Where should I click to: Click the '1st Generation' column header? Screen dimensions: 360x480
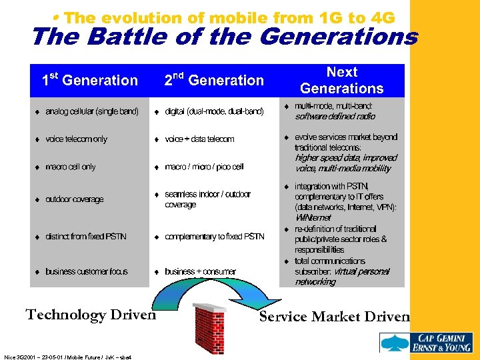coord(89,81)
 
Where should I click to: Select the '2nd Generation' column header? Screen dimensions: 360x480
coord(214,81)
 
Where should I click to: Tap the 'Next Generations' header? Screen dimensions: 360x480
coord(341,80)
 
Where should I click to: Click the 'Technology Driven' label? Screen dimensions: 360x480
coord(90,315)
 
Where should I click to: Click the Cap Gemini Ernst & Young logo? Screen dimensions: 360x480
coord(426,342)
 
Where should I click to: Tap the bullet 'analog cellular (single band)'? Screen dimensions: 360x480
coord(91,111)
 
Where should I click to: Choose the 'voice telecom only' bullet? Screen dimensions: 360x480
coord(76,139)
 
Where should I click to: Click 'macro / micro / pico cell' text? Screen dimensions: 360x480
coord(204,167)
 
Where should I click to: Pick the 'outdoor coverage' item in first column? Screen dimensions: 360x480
coord(74,199)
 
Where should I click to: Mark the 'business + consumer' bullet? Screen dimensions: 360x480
coord(200,271)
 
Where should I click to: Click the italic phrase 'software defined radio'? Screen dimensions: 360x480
coord(335,117)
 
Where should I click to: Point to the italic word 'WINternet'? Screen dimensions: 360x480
coord(313,218)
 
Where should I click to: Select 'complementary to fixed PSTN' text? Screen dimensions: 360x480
coord(214,237)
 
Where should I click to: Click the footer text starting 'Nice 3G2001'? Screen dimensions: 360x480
coord(67,357)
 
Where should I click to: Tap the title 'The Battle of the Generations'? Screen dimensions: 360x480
coord(224,37)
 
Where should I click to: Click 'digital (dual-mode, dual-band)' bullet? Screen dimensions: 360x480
coord(214,111)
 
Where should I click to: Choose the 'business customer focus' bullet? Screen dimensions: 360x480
coord(87,271)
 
